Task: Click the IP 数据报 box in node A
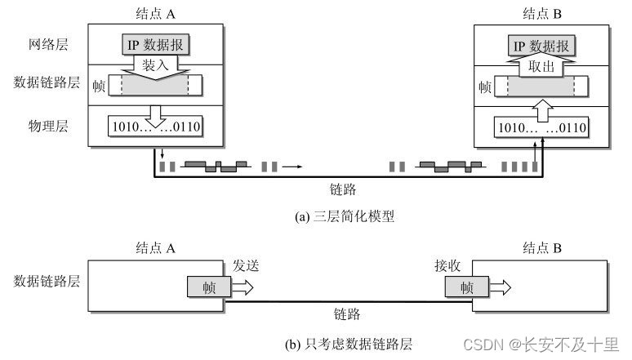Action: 155,46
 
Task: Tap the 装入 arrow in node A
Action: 156,64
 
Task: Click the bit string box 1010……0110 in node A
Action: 155,127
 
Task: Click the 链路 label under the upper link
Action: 344,189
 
